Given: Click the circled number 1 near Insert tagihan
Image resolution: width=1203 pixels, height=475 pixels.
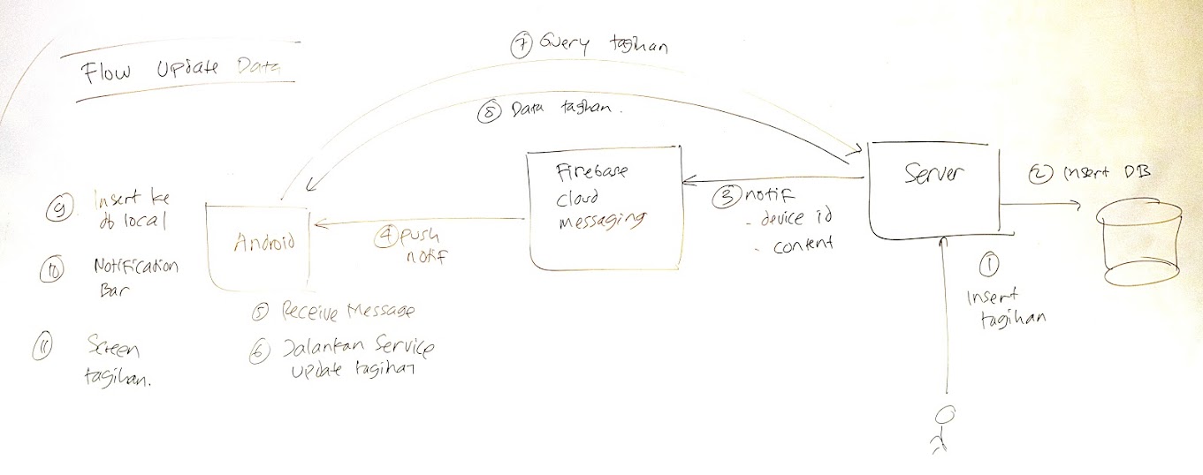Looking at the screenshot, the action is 988,264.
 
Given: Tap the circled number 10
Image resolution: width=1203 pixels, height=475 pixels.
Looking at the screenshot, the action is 49,274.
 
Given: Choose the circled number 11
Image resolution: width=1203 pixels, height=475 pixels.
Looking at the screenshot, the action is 44,347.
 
